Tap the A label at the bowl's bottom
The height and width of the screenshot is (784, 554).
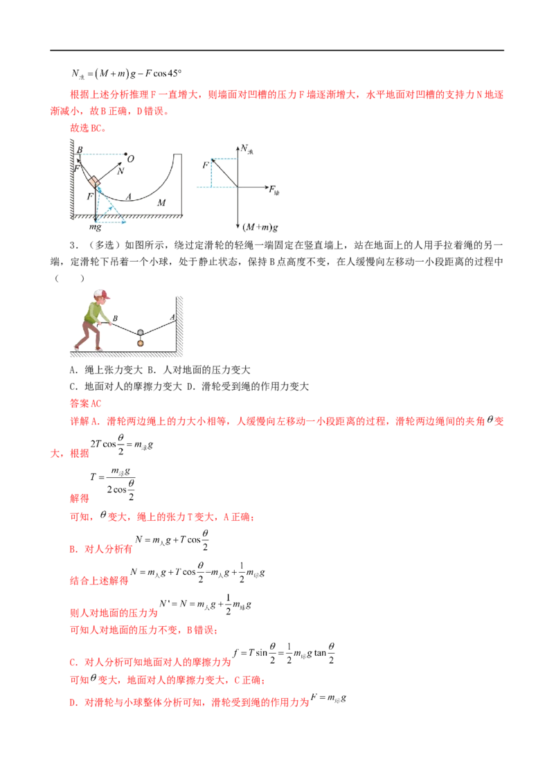129,197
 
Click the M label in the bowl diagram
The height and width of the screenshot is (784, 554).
161,202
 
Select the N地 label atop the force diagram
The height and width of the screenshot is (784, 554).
247,149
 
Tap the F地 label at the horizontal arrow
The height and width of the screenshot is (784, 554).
276,188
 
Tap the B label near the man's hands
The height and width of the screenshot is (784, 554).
114,319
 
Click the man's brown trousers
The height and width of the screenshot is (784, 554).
88,337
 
